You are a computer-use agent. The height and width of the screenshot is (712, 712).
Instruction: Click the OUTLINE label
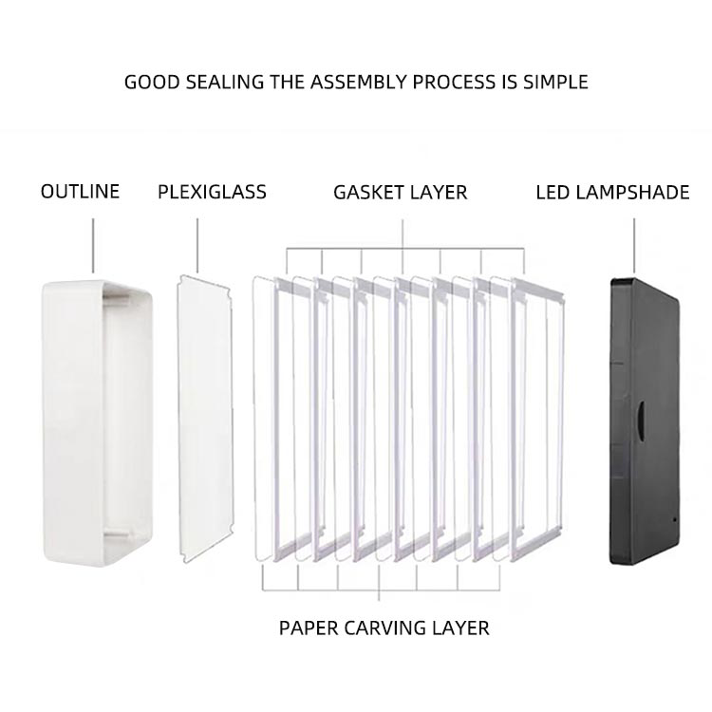coord(80,192)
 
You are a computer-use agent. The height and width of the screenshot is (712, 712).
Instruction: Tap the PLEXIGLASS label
coord(212,192)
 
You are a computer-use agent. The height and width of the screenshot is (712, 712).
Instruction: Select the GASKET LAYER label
coord(400,192)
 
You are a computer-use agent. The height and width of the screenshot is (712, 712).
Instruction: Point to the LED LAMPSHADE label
coord(612,192)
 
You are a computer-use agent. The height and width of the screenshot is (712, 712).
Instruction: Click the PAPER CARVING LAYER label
coord(384,628)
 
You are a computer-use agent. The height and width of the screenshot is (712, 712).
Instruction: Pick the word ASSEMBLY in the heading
coord(356,82)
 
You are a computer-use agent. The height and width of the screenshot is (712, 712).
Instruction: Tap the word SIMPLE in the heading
coord(555,82)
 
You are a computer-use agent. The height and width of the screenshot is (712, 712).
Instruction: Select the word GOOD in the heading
coord(150,82)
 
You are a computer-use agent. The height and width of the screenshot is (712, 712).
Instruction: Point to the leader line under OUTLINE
coord(93,245)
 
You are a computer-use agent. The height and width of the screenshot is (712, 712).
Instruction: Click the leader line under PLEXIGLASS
coord(197,245)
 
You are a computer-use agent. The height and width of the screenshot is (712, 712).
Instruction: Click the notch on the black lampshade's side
coord(639,415)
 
